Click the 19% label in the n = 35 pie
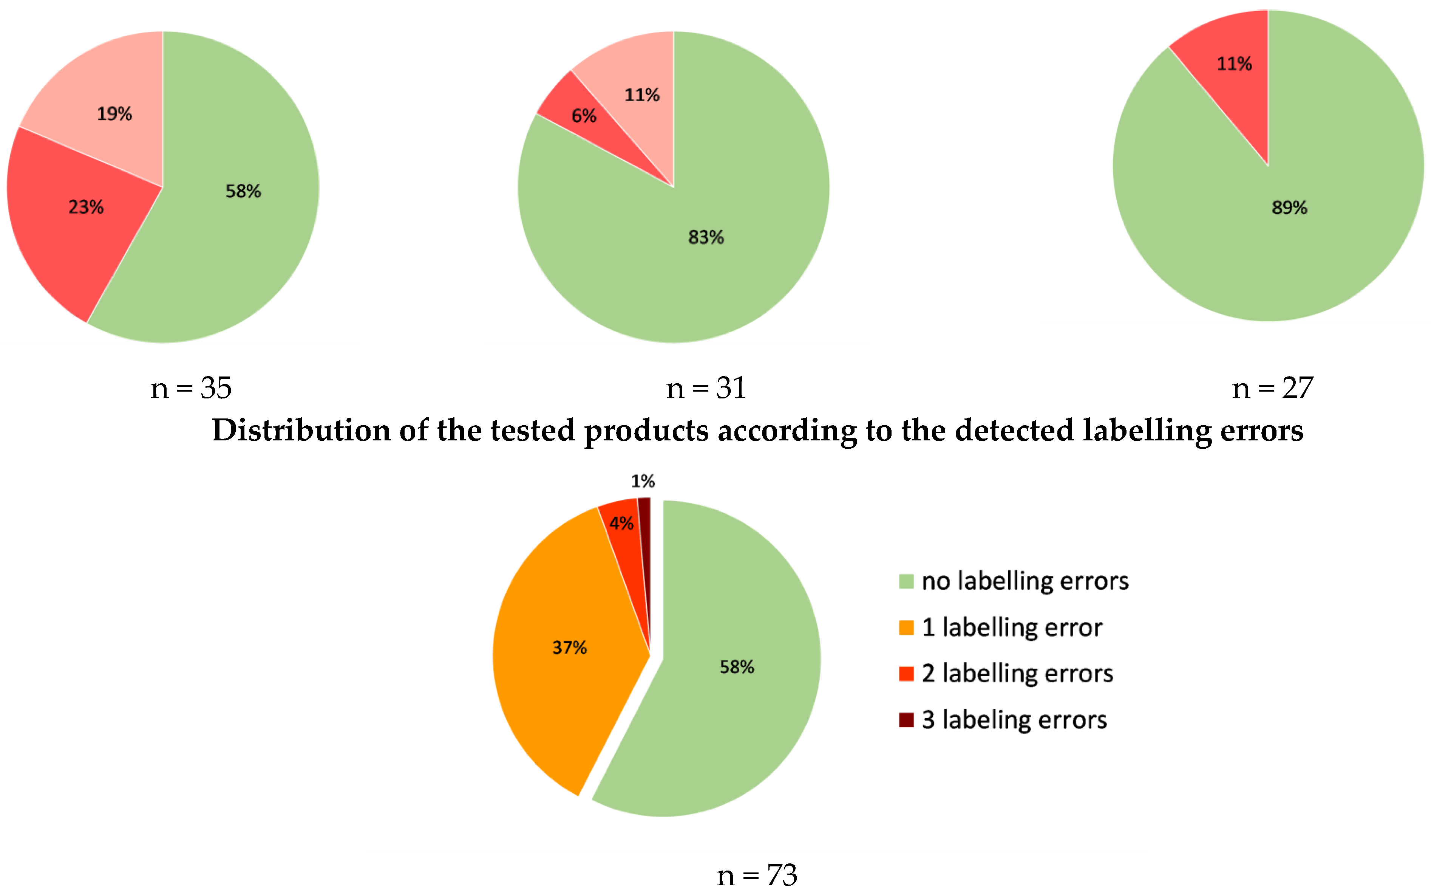[x=114, y=113]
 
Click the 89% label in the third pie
[x=1289, y=208]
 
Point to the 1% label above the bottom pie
[x=643, y=481]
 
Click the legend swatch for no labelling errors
[x=906, y=582]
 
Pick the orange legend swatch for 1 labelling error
[x=906, y=628]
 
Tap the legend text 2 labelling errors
[x=1017, y=674]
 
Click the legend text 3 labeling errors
[x=1014, y=720]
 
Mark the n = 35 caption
[x=191, y=389]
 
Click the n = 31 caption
[x=706, y=389]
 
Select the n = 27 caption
[x=1272, y=389]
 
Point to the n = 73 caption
[x=757, y=875]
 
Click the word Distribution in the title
[x=301, y=431]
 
